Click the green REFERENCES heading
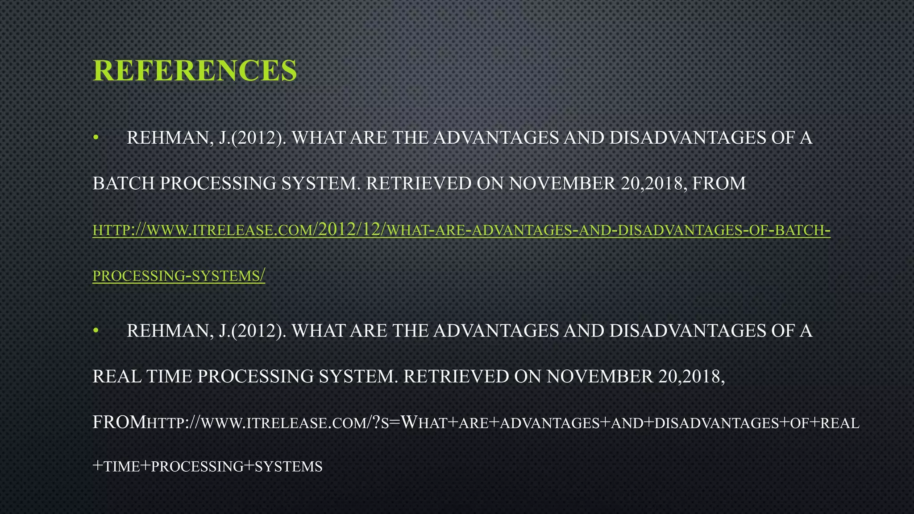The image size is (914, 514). tap(195, 70)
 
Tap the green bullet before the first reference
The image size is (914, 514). tap(95, 138)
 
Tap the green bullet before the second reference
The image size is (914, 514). tap(95, 331)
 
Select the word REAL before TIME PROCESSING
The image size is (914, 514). tap(116, 377)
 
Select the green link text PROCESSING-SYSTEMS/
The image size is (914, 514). tap(179, 276)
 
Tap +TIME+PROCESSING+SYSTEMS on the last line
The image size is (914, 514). tap(207, 467)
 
